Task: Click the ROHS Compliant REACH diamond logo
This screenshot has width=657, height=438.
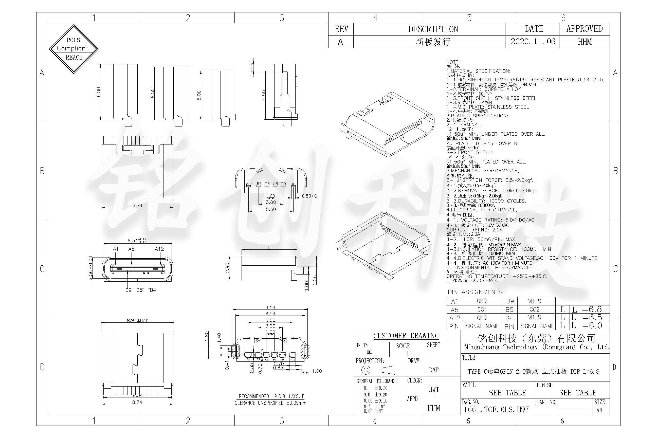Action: point(74,49)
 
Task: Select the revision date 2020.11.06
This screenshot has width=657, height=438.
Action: point(533,42)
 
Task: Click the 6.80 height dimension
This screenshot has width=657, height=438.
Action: point(98,92)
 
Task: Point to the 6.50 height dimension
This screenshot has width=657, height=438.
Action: point(153,93)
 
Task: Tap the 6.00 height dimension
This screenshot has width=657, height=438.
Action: point(199,95)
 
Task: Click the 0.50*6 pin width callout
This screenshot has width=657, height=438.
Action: point(309,196)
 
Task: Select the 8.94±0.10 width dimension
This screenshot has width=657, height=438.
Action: point(137,320)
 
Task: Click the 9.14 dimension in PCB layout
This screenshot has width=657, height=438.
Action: point(270,307)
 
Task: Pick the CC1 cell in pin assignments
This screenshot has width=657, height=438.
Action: point(482,309)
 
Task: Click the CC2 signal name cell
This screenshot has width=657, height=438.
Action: point(534,309)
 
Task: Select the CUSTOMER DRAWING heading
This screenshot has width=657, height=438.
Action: point(406,336)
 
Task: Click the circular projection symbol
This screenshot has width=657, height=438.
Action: point(366,370)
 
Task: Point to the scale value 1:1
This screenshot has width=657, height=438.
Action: point(410,353)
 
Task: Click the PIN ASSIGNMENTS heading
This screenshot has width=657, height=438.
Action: point(475,292)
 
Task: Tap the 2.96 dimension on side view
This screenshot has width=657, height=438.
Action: point(227,268)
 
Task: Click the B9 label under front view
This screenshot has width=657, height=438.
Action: point(128,290)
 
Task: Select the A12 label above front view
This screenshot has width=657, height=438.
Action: point(159,249)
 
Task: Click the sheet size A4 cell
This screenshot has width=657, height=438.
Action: point(599,410)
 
